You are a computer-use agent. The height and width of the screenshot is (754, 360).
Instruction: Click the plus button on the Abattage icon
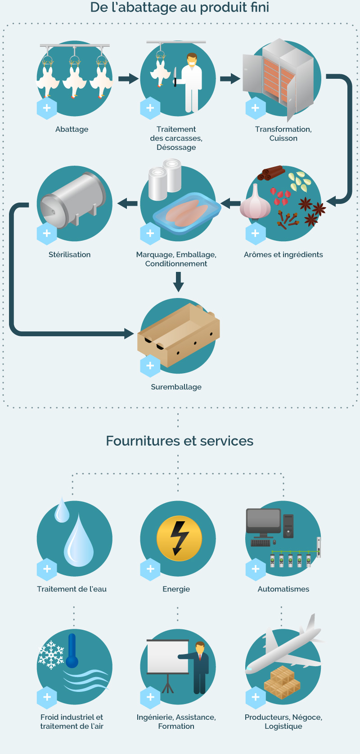point(47,108)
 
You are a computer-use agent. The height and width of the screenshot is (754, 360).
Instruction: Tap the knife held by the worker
point(175,77)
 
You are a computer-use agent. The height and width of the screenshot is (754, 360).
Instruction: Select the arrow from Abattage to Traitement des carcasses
point(129,79)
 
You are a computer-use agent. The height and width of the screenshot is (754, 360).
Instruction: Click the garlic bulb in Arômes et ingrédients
point(255,203)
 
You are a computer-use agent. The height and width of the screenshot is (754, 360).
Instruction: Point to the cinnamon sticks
point(271,172)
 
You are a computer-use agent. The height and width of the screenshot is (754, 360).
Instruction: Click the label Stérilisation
point(70,254)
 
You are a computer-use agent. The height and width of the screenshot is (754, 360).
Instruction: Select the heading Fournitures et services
point(180,441)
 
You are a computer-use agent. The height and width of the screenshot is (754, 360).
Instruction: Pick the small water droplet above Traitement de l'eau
point(62,510)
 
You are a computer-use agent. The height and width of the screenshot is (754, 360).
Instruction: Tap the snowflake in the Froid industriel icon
point(51,655)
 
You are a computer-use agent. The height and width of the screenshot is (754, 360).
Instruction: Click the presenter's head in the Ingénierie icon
point(200,647)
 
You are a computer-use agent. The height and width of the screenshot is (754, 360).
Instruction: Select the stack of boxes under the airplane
point(282,682)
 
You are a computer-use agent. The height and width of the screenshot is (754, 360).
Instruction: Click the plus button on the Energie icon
point(150,569)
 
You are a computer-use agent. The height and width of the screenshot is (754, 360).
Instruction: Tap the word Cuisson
point(283,138)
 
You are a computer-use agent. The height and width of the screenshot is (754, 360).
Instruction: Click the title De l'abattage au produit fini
point(180,7)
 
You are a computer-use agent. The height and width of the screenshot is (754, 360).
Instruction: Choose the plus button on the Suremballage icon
point(150,366)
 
